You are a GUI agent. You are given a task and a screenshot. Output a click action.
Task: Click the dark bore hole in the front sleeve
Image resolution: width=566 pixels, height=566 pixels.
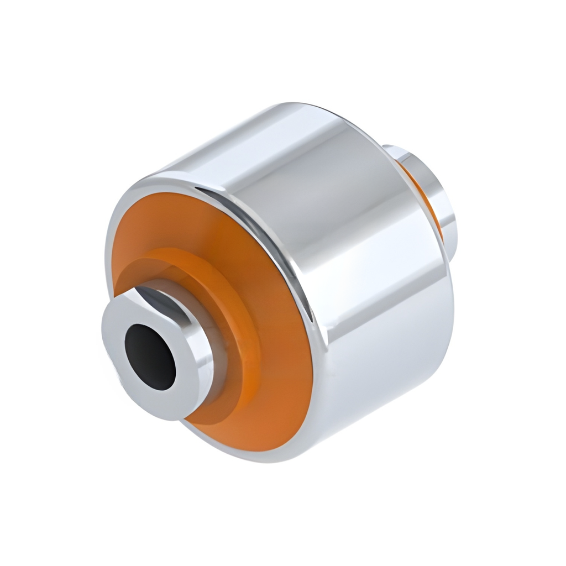click(150, 356)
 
